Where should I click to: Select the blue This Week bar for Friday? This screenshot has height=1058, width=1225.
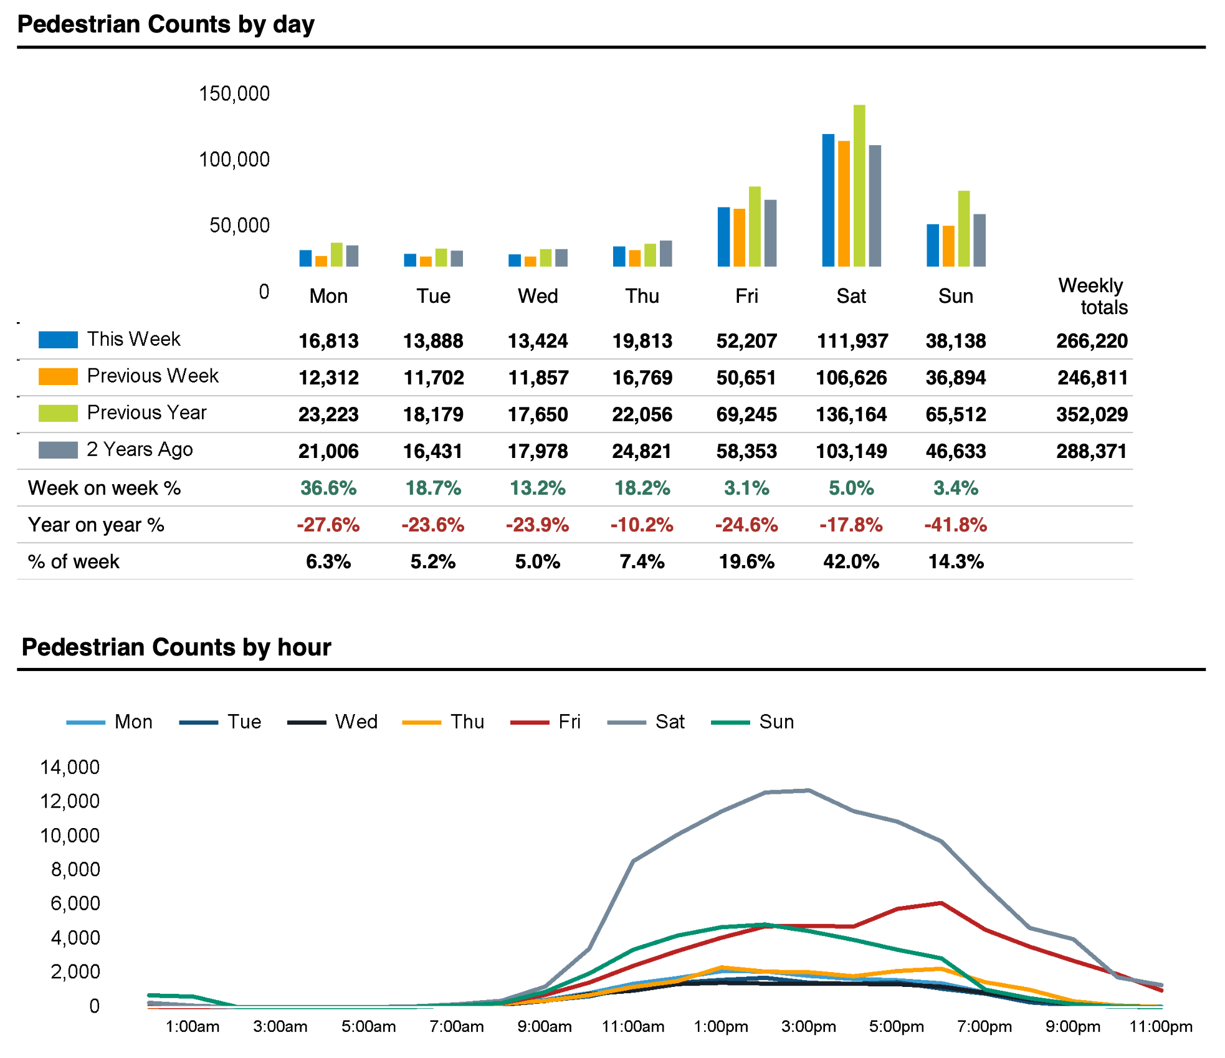(x=723, y=237)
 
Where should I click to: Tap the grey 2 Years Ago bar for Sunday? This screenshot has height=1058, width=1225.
(x=980, y=241)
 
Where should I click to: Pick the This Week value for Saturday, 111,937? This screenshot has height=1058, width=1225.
(x=852, y=341)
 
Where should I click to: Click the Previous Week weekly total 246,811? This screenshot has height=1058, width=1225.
(x=1092, y=378)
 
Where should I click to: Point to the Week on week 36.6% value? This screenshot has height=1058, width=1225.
(x=328, y=488)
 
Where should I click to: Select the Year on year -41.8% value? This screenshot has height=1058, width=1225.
(x=956, y=525)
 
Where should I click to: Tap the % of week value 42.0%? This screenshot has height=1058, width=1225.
(x=851, y=561)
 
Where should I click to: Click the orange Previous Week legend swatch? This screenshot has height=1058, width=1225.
(x=58, y=376)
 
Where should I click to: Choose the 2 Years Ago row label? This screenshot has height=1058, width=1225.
(x=140, y=449)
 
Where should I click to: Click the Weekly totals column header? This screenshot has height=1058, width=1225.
(x=1093, y=296)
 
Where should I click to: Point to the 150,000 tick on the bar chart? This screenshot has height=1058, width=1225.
(x=234, y=93)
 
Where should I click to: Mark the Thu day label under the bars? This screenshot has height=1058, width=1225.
(x=642, y=296)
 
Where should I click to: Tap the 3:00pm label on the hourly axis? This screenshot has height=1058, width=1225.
(x=808, y=1027)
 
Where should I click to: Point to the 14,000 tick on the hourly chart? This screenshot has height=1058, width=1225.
(x=70, y=767)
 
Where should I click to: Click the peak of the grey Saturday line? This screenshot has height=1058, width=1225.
(x=808, y=790)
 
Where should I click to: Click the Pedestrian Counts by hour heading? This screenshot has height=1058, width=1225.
(x=176, y=647)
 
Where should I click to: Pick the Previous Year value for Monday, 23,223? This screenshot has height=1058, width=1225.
(x=328, y=414)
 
